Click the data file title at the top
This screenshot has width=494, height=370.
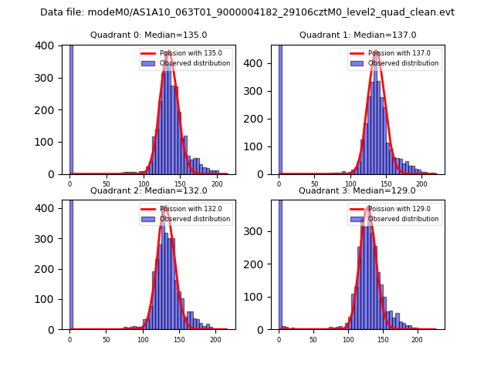(247, 12)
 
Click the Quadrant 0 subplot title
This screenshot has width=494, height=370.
(148, 35)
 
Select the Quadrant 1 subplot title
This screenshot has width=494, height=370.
(357, 35)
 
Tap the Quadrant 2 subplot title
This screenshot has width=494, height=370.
(148, 190)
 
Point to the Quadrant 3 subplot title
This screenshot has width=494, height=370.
(357, 190)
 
